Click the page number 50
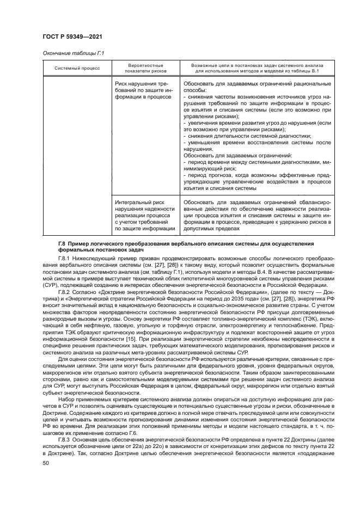point(46,462)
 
